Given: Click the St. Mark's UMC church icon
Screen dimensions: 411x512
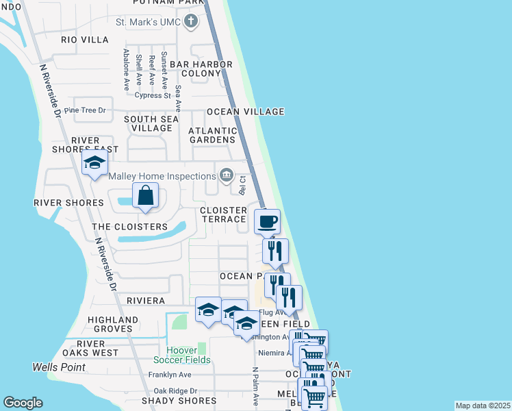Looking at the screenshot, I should pyautogui.click(x=191, y=22).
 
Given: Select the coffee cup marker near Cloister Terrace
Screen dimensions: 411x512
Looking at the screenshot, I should pyautogui.click(x=267, y=221).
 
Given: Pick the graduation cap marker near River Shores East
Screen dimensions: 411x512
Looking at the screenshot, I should pyautogui.click(x=94, y=163).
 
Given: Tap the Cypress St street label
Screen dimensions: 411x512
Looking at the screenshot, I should pyautogui.click(x=153, y=95).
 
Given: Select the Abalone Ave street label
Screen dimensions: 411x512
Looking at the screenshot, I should pyautogui.click(x=127, y=70).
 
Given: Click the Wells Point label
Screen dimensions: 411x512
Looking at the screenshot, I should pyautogui.click(x=59, y=367).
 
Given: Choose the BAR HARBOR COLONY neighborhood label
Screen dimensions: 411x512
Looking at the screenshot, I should pyautogui.click(x=201, y=68).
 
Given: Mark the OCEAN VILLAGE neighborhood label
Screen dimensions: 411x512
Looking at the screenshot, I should pyautogui.click(x=245, y=112).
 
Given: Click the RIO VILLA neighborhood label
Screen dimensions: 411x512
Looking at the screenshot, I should pyautogui.click(x=85, y=40).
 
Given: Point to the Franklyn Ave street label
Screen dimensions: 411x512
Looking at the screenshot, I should pyautogui.click(x=170, y=375).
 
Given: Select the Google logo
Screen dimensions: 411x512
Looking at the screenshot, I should pyautogui.click(x=23, y=403).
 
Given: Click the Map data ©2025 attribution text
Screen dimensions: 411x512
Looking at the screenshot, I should pyautogui.click(x=483, y=406).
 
